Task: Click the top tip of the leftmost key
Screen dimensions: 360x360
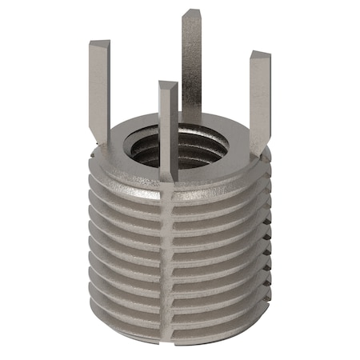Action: coord(98,41)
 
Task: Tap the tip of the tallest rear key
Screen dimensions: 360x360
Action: coord(191,14)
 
